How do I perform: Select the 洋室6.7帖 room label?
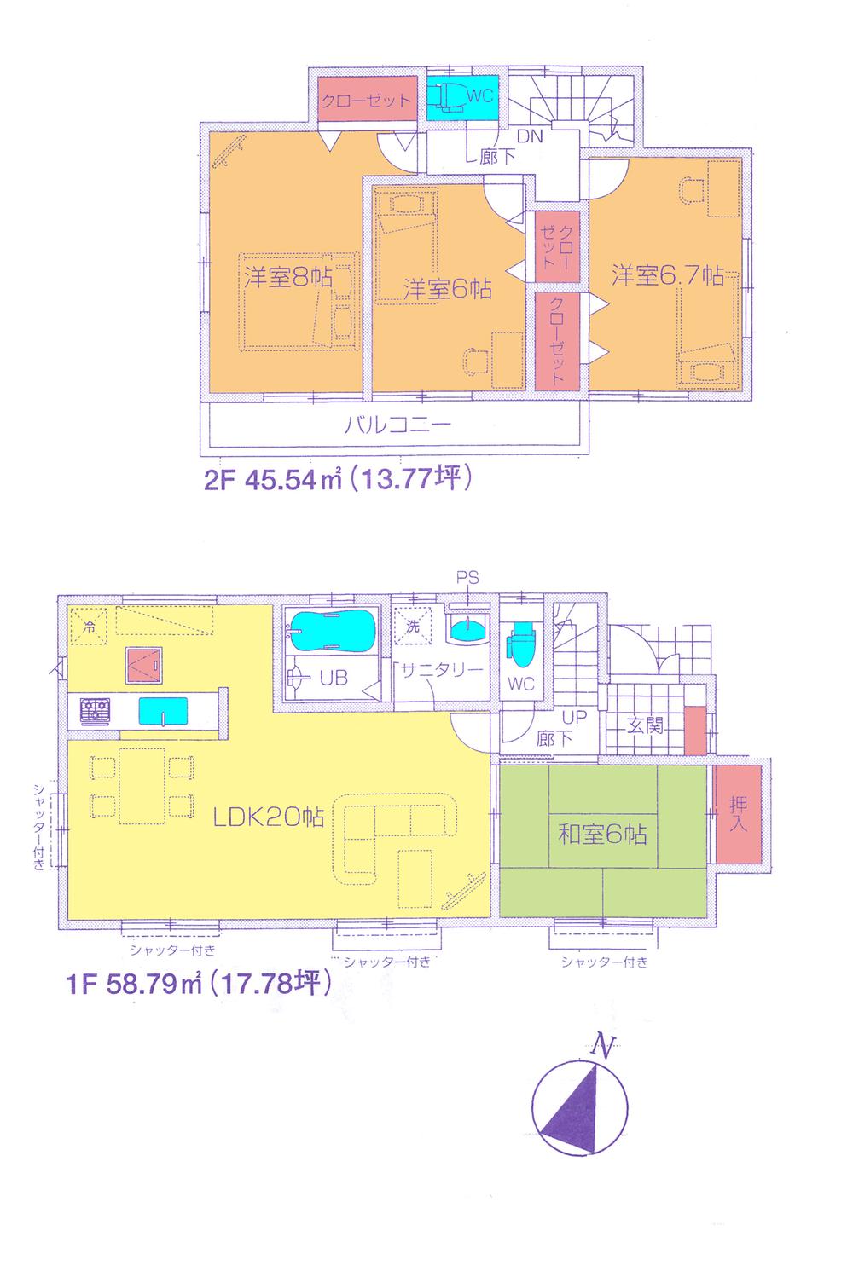pyautogui.click(x=667, y=275)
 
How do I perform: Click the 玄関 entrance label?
pyautogui.click(x=645, y=726)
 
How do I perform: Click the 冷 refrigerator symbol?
pyautogui.click(x=89, y=625)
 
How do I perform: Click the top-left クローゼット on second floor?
pyautogui.click(x=365, y=101)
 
